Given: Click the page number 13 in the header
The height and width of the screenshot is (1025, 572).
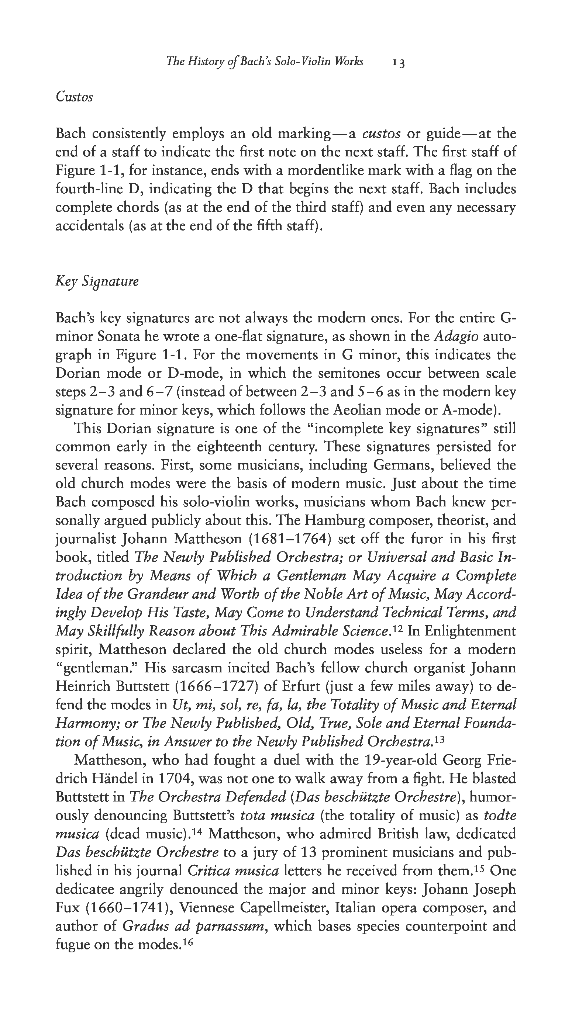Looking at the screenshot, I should (399, 62).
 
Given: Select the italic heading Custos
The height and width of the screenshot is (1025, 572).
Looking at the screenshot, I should (75, 97).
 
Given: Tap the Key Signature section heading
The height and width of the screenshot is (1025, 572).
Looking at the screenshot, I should (97, 282).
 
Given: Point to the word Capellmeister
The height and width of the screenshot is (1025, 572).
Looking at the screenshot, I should (238, 908).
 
